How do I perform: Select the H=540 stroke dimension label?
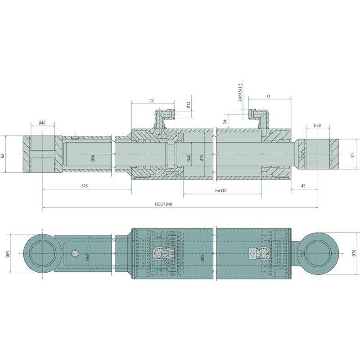220,190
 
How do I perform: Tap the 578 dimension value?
85,186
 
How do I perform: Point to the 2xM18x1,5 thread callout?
240,93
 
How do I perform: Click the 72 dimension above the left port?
152,100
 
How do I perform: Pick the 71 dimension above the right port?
268,97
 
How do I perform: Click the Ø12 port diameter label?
188,105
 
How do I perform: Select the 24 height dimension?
225,121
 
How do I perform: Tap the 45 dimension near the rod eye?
303,186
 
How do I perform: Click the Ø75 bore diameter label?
202,158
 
